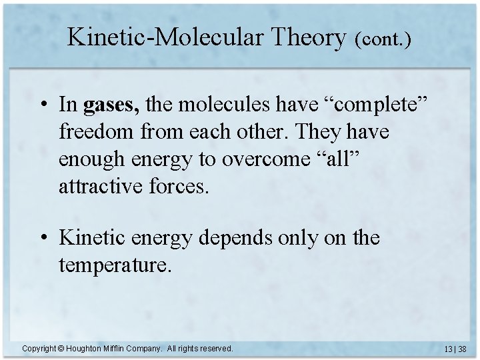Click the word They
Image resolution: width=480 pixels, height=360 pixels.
point(315,132)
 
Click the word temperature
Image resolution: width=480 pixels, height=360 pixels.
point(115,266)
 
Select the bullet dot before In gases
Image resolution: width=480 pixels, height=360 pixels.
point(43,105)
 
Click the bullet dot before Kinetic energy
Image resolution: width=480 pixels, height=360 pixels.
point(43,238)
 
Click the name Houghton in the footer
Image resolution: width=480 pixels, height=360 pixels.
point(84,348)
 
